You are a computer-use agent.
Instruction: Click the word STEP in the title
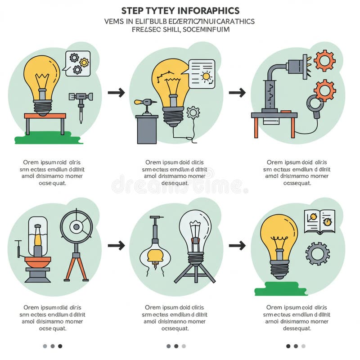tap(132, 10)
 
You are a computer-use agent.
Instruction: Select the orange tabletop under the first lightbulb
tap(45, 116)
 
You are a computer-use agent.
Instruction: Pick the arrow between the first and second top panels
tap(116, 93)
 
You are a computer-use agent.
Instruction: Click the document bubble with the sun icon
tap(202, 73)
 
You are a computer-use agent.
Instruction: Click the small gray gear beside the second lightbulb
tap(193, 112)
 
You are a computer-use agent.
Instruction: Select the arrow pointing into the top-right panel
tap(237, 93)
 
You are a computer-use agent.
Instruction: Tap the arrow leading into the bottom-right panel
tap(237, 246)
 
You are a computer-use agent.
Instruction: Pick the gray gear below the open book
tap(318, 253)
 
